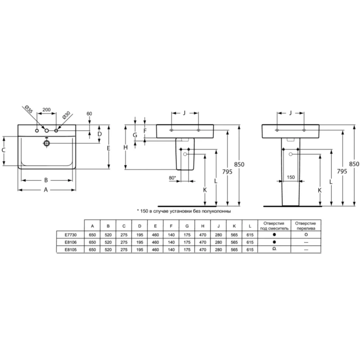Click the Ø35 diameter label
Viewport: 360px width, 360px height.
(29, 109)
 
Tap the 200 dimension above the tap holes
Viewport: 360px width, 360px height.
(47, 109)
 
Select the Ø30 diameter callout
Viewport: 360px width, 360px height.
(66, 115)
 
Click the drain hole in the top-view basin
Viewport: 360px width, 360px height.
(47, 144)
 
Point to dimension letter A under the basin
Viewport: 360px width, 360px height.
(46, 190)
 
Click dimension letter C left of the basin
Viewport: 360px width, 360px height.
(4, 150)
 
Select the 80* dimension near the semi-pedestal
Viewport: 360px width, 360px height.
(172, 178)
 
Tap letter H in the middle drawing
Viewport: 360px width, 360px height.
(126, 148)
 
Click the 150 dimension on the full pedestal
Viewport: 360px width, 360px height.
(291, 177)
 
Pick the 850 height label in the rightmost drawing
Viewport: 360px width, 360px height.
(354, 164)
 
